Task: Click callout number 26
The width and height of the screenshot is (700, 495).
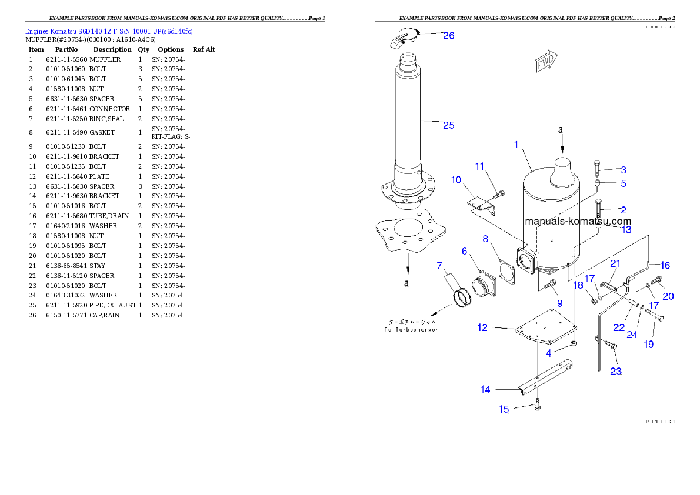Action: tap(448, 36)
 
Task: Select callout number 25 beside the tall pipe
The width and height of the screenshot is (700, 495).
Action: tap(448, 125)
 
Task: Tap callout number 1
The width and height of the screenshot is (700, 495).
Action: tap(516, 144)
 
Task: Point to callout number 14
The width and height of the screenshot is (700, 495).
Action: tap(485, 389)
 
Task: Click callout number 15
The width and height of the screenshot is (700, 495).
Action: tap(504, 409)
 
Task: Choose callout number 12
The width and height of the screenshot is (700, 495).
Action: tap(482, 327)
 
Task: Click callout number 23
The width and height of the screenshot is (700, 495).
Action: tap(616, 371)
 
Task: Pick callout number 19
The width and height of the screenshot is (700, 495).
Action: tap(648, 345)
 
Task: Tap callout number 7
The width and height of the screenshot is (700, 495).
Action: tap(439, 265)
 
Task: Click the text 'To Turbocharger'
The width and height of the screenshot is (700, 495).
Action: tap(411, 329)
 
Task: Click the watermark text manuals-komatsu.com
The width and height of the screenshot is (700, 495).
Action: tap(577, 222)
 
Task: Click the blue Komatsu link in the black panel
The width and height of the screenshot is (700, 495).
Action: tap(109, 31)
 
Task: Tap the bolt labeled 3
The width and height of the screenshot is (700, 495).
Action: tap(598, 168)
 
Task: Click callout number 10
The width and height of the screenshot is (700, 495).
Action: tap(456, 180)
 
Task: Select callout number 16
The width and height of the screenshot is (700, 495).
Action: tap(665, 265)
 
